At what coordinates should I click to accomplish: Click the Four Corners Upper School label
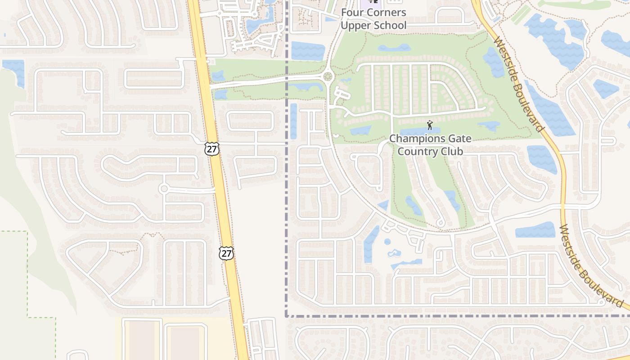pyautogui.click(x=373, y=19)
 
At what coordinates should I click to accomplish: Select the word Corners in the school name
pyautogui.click(x=386, y=13)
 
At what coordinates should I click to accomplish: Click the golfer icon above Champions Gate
pyautogui.click(x=430, y=125)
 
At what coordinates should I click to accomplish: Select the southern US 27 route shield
pyautogui.click(x=226, y=253)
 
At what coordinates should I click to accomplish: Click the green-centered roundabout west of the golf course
pyautogui.click(x=328, y=77)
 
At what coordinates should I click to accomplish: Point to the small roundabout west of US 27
pyautogui.click(x=164, y=189)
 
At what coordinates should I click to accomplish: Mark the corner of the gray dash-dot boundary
pyautogui.click(x=286, y=316)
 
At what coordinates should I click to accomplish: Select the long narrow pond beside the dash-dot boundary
pyautogui.click(x=293, y=121)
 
